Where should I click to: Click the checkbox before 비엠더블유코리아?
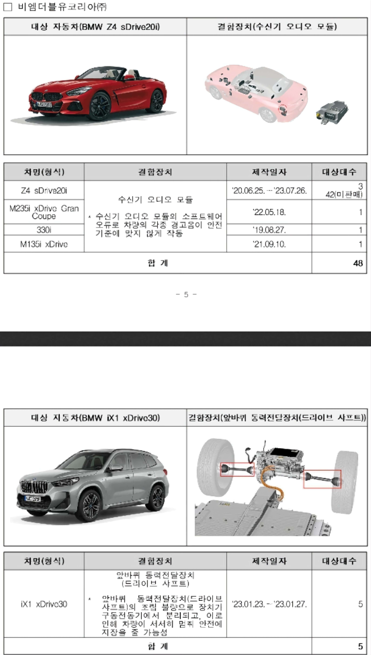[x=8, y=7]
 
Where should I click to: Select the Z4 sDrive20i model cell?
[x=44, y=190]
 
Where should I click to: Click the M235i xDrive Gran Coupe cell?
[x=44, y=212]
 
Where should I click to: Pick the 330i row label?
[x=44, y=230]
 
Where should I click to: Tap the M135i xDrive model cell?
[x=44, y=244]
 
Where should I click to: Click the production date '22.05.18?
[x=269, y=212]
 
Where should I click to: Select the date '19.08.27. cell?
[x=269, y=230]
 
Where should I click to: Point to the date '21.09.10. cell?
[x=269, y=244]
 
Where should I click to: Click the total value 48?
[x=358, y=264]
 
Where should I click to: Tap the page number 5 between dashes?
[x=186, y=294]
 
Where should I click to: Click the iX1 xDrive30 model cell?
[x=44, y=604]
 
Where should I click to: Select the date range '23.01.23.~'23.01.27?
[x=269, y=604]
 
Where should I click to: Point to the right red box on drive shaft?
[x=322, y=479]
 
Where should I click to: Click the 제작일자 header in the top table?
[x=269, y=172]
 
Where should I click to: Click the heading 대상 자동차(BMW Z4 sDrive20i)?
[x=95, y=27]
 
